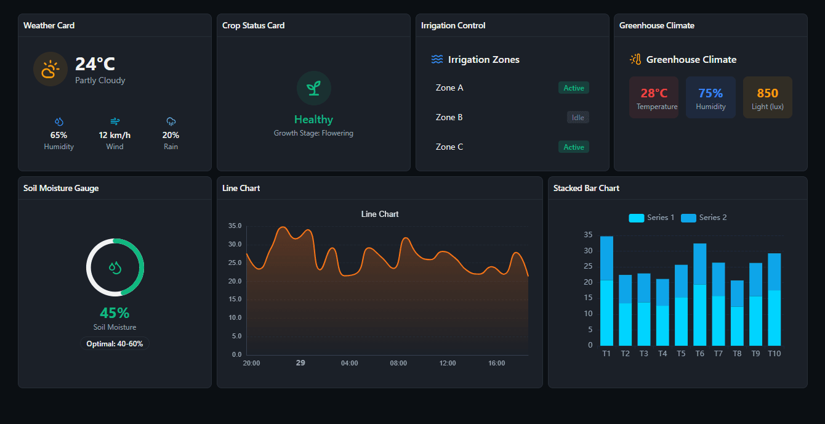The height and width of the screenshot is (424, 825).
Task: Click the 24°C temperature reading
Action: point(95,64)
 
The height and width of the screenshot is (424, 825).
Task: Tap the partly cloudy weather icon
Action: point(50,69)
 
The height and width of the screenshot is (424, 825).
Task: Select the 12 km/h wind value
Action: point(115,135)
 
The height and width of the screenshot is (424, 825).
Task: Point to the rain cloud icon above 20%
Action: point(171,121)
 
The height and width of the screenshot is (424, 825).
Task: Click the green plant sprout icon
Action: point(313,88)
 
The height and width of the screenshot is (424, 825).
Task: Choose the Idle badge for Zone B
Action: point(577,118)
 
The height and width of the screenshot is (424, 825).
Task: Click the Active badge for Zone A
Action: point(573,88)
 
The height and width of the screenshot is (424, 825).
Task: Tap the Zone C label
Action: point(449,147)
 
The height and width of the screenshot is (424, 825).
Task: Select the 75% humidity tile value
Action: point(710,93)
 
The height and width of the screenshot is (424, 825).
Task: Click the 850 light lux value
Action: point(767,93)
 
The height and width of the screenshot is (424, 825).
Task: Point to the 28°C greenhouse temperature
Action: point(654,93)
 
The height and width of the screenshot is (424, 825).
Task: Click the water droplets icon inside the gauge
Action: point(115,267)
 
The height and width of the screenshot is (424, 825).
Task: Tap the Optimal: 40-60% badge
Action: point(115,344)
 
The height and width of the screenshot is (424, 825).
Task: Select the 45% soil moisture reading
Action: point(115,313)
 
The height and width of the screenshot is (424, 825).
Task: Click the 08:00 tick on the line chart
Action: point(398,363)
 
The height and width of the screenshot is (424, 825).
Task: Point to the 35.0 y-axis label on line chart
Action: point(235,226)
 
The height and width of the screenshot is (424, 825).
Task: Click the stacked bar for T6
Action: point(699,294)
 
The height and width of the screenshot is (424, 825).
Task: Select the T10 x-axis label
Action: point(774,354)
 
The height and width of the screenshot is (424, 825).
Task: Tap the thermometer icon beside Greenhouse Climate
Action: point(635,59)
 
